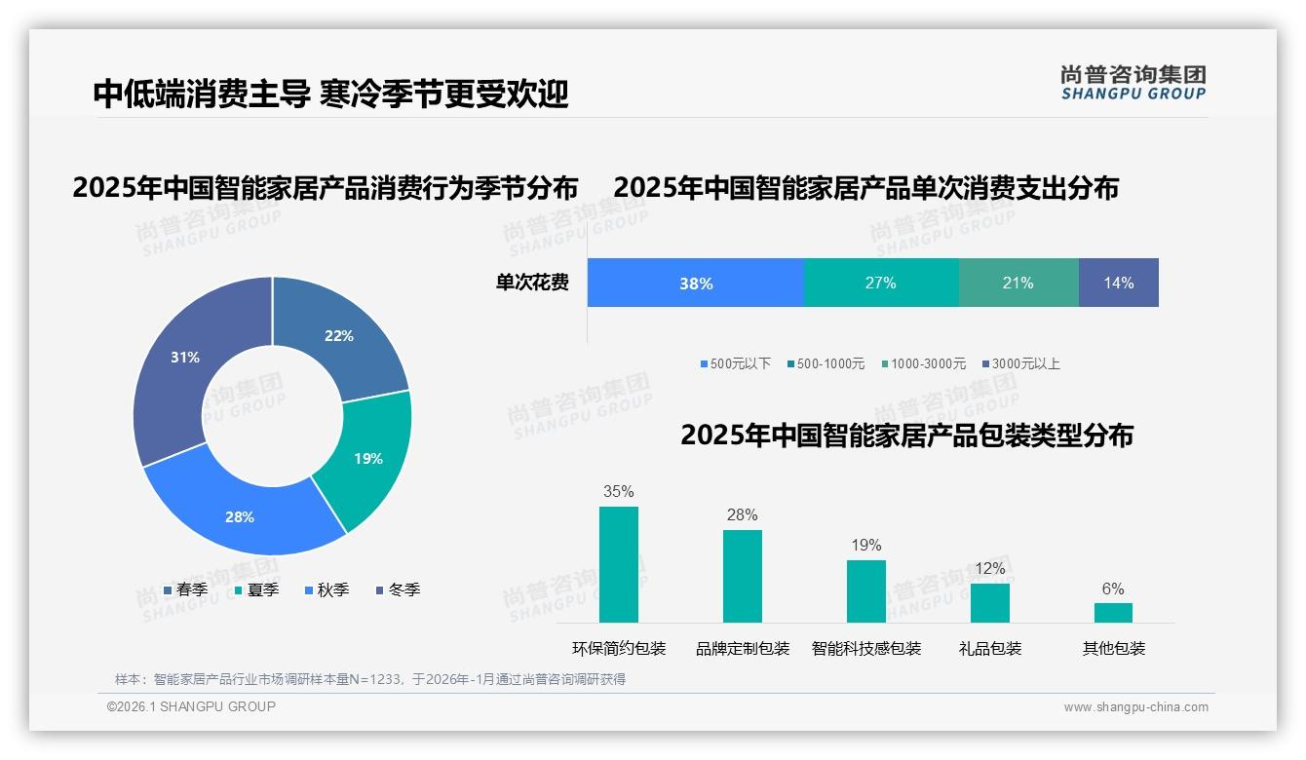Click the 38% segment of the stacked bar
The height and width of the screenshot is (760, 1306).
[696, 283]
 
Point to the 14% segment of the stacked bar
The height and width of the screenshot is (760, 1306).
[1119, 283]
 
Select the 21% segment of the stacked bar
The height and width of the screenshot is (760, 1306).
[1018, 283]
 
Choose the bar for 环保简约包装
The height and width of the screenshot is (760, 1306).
[619, 564]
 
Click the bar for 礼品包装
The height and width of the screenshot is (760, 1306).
[990, 602]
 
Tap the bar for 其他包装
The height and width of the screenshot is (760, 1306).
[1113, 612]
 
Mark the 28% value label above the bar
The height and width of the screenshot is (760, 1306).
[742, 515]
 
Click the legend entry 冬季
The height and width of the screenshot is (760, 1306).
[398, 589]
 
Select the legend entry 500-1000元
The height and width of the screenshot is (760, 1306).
[826, 363]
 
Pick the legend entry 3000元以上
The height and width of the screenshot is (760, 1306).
[1021, 363]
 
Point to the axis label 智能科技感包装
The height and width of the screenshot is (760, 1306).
[866, 648]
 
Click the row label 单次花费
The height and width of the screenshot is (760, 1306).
[532, 283]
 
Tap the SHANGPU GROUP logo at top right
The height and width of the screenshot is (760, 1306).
[1133, 82]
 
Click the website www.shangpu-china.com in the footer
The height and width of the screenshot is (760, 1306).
[1135, 707]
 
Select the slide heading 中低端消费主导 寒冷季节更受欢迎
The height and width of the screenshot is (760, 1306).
[330, 94]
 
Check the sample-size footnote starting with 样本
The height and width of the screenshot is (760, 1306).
[370, 679]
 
